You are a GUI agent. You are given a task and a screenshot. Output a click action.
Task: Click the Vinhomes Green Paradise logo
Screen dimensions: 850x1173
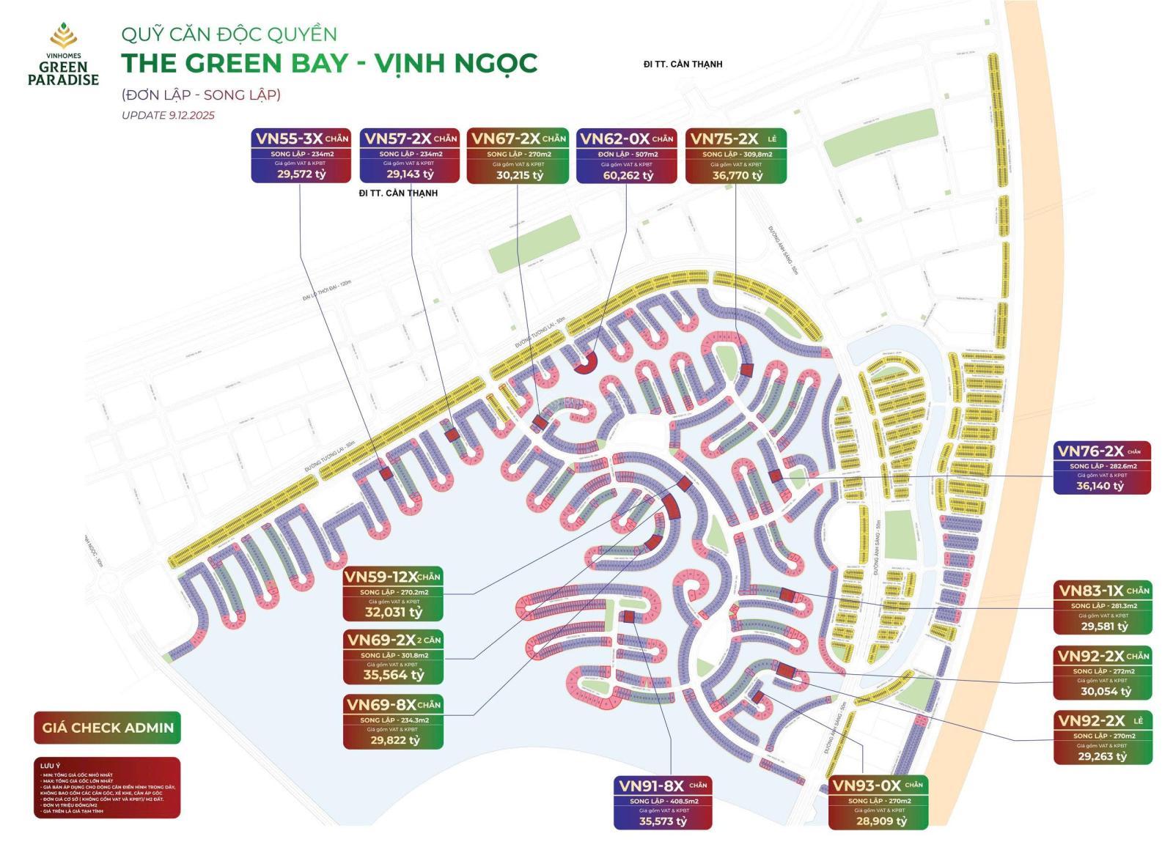pyautogui.click(x=63, y=54)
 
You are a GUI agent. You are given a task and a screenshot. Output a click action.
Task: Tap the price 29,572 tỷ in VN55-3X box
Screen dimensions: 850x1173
pyautogui.click(x=301, y=174)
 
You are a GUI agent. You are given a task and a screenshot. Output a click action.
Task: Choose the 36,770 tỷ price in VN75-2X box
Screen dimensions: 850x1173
pyautogui.click(x=737, y=175)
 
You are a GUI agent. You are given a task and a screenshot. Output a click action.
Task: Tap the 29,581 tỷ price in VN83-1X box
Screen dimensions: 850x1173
pyautogui.click(x=1103, y=626)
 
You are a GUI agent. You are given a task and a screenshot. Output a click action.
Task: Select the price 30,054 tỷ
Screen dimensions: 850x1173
pyautogui.click(x=1103, y=691)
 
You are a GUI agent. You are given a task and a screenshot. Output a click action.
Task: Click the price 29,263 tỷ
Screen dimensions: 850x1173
pyautogui.click(x=1103, y=756)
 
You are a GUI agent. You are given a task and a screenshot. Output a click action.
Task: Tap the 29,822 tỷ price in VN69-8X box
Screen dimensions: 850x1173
pyautogui.click(x=394, y=740)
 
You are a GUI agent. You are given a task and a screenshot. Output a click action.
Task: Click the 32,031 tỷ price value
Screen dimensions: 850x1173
pyautogui.click(x=394, y=612)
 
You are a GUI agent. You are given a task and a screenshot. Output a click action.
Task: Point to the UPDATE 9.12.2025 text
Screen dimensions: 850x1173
pyautogui.click(x=168, y=115)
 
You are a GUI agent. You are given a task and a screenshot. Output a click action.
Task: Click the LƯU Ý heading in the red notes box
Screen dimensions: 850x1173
pyautogui.click(x=51, y=766)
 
